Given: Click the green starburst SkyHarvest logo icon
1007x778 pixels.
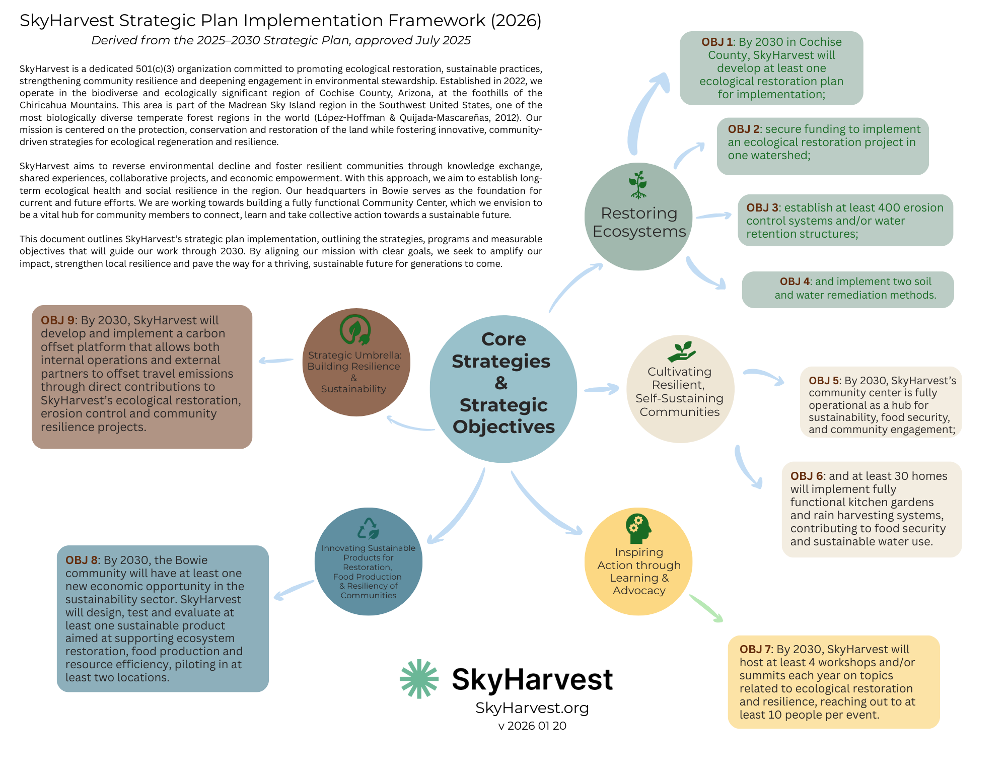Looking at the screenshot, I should point(419,679).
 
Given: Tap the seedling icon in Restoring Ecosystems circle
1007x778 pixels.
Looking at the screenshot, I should point(638,185).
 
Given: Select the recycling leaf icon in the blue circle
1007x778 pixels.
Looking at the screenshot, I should point(368,529).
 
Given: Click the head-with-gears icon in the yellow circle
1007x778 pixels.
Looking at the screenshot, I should point(638,529).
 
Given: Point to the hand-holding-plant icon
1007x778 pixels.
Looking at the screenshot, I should point(681,351).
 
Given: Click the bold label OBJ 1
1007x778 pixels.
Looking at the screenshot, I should point(716,42).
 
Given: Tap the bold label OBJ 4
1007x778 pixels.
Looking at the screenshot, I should point(795,281).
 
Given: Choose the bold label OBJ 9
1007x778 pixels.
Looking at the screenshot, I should point(57,321).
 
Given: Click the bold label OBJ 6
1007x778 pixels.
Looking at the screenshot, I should point(806,476).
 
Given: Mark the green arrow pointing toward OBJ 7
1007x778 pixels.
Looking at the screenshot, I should point(706,608).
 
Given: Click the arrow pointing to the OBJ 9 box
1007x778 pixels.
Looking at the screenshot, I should point(275,361).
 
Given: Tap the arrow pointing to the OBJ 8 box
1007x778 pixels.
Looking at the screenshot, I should point(294,590).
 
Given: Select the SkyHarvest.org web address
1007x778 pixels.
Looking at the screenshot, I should point(532,708).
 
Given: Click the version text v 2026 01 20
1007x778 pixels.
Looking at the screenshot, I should point(532,726).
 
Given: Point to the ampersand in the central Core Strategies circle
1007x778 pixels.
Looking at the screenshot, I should point(501,383).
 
